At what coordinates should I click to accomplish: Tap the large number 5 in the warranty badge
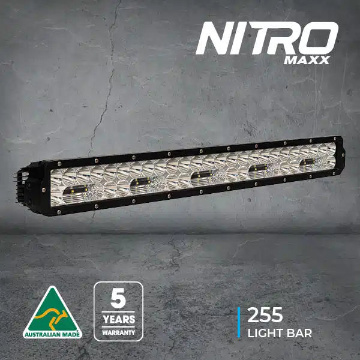pyautogui.click(x=118, y=298)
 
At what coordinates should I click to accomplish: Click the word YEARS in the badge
pyautogui.click(x=118, y=319)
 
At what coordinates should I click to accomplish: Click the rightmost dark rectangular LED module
pyautogui.click(x=306, y=161)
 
